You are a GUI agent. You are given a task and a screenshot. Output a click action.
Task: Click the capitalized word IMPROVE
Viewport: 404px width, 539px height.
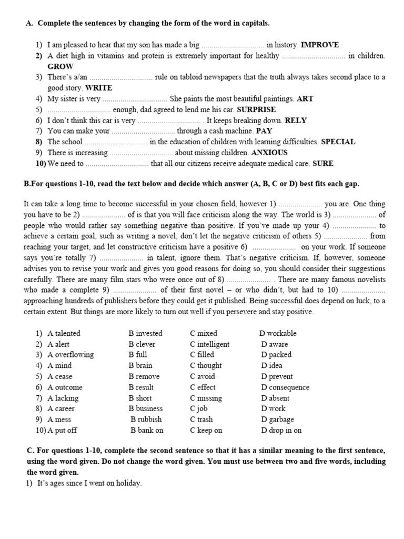(320, 45)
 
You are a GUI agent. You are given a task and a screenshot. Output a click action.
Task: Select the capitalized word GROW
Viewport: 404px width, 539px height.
(60, 66)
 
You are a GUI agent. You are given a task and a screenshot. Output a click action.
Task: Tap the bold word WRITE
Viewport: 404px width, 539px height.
(98, 88)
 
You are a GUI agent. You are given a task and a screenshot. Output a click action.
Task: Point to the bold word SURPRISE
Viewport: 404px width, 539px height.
(256, 109)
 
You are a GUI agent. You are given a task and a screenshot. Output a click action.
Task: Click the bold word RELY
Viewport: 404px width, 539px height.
(296, 120)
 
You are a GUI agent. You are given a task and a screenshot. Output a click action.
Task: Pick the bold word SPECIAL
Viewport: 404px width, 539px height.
(338, 142)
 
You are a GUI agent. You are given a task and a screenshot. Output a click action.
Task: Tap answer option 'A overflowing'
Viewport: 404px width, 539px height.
(70, 355)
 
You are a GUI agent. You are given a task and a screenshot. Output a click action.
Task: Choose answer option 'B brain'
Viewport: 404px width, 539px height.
(140, 365)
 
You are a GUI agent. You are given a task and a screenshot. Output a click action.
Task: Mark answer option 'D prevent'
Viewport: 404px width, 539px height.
(277, 376)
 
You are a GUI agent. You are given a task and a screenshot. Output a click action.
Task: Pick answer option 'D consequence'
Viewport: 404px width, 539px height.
(285, 387)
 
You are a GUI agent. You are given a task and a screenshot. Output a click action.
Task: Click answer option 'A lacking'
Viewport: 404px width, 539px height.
(63, 398)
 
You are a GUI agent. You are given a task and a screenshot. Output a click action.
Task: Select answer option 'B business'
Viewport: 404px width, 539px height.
(146, 408)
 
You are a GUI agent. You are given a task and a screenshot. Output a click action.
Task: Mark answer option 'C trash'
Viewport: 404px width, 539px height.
(201, 420)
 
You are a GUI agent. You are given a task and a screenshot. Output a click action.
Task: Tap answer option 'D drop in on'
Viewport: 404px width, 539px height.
(281, 430)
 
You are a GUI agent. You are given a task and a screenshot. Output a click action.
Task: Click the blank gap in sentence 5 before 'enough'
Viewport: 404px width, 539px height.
(79, 110)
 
